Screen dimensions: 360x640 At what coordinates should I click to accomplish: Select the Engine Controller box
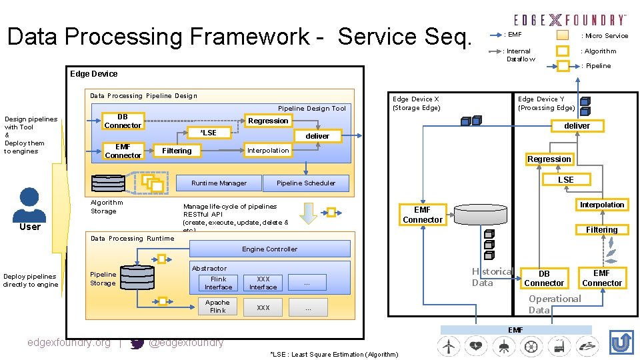[x=270, y=249]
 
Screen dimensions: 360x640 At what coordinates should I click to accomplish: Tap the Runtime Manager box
[x=219, y=183]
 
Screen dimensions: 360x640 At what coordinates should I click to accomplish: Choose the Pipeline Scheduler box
[x=306, y=183]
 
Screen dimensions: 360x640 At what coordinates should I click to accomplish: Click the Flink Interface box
[x=218, y=283]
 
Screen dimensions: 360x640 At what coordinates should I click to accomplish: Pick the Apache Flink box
[x=218, y=307]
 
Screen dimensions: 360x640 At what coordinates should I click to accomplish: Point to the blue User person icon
[x=29, y=203]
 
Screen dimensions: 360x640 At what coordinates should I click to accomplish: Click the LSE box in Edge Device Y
[x=565, y=179]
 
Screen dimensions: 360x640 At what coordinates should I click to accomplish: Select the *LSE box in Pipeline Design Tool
[x=209, y=133]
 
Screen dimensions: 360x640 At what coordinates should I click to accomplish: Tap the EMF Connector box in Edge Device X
[x=423, y=215]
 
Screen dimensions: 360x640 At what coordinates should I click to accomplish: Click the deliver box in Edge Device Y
[x=577, y=125]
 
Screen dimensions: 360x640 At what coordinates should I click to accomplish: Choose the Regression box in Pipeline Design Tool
[x=268, y=121]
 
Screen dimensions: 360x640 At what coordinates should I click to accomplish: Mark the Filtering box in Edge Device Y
[x=601, y=230]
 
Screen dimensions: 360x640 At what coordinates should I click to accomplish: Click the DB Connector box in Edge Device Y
[x=544, y=279]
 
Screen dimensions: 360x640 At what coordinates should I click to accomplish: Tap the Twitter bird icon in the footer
[x=137, y=343]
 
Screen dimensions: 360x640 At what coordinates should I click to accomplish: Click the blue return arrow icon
[x=621, y=343]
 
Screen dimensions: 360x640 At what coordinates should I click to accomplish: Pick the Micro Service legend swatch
[x=563, y=35]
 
